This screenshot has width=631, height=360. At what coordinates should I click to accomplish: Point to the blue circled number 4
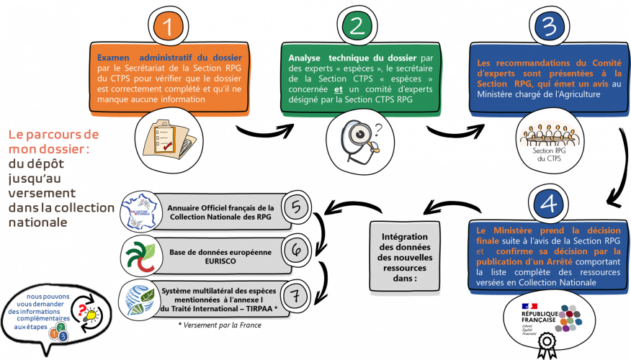(x=548, y=204)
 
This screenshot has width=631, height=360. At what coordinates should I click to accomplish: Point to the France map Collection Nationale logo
(x=141, y=208)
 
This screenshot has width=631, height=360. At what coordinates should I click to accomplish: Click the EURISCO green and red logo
(x=139, y=252)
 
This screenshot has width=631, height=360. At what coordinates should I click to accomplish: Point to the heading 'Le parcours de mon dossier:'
(x=54, y=142)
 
